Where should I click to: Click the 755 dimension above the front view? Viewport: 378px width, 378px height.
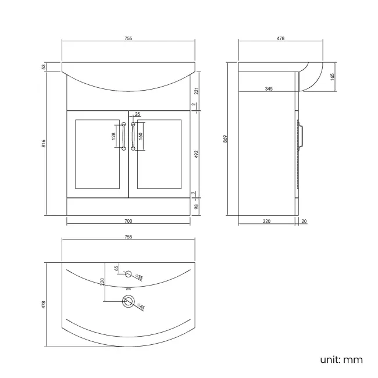128,39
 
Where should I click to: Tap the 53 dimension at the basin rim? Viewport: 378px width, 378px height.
44,67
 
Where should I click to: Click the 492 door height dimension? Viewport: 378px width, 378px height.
196,154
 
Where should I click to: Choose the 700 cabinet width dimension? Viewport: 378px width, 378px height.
128,221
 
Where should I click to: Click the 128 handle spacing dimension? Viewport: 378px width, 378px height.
113,137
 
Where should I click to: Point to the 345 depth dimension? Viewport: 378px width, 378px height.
268,89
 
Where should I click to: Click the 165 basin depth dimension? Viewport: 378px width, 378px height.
332,76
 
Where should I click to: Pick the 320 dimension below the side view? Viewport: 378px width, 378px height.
267,221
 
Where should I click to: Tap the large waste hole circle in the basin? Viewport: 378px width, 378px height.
127,301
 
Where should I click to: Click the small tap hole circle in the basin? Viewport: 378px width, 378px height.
129,273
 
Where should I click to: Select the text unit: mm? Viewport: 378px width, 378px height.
341,359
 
